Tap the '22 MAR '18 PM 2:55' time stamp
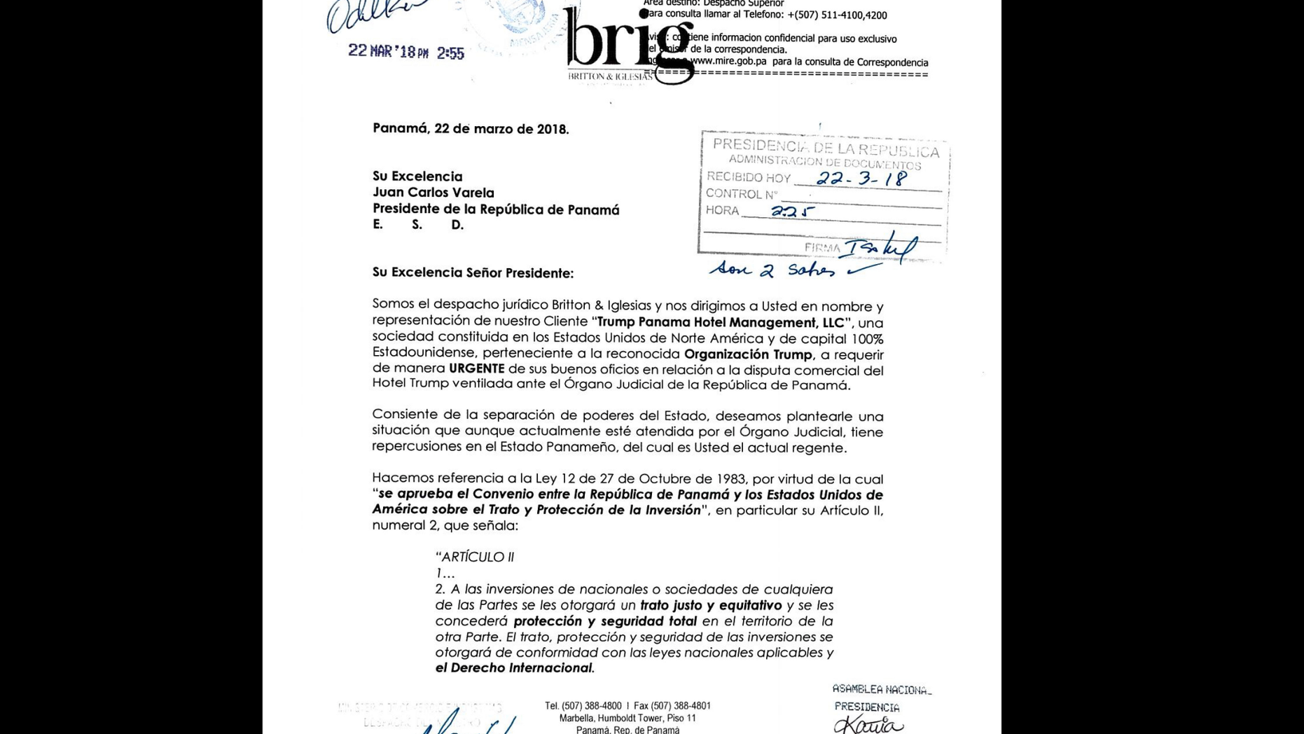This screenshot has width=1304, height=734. click(406, 52)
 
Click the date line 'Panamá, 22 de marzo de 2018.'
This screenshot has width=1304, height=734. click(471, 129)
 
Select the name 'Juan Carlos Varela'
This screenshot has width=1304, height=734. click(433, 193)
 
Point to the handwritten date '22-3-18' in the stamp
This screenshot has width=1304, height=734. click(861, 179)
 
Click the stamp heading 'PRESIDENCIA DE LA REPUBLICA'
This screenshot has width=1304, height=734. click(825, 148)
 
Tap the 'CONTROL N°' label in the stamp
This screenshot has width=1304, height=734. click(741, 194)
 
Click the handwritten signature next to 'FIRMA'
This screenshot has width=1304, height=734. click(881, 247)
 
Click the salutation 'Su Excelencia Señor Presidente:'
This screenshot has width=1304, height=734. click(473, 273)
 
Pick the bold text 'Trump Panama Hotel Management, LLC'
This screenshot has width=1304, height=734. click(721, 323)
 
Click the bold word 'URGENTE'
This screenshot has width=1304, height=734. click(476, 368)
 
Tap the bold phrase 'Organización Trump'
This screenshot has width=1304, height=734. click(748, 354)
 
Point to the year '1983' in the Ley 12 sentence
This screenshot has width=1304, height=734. click(730, 479)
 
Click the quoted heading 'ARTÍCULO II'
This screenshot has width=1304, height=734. click(476, 558)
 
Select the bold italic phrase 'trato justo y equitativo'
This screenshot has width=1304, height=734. click(711, 605)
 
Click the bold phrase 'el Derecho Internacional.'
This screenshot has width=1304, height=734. click(515, 668)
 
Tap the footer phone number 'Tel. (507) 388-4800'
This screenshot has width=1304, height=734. click(583, 706)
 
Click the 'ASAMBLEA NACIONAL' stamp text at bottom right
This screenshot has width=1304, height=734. click(882, 690)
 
